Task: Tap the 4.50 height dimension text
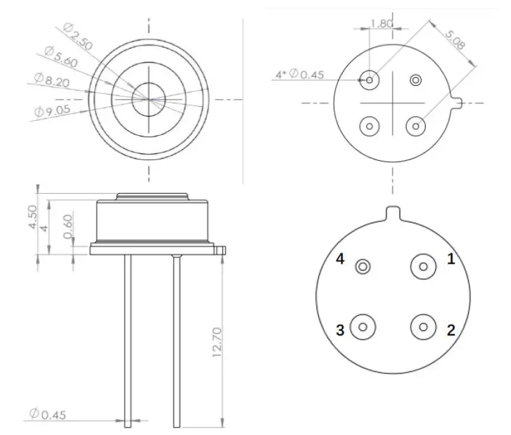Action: pos(33,218)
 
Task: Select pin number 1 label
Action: pos(451,258)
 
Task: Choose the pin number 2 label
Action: pos(451,330)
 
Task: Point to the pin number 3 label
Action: pos(340,330)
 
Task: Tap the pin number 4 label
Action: pos(340,259)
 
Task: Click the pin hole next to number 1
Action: pos(423,266)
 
